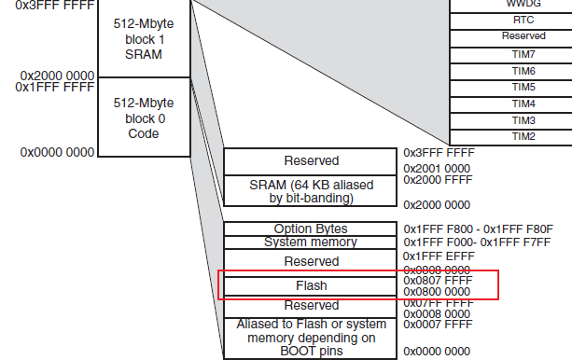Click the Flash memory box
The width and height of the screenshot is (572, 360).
[x=311, y=284]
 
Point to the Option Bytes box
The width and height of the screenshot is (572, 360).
[x=311, y=228]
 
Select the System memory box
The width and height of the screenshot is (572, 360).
[x=311, y=242]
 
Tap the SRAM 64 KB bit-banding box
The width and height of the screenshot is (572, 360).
[x=311, y=190]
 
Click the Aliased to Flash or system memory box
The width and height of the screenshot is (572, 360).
[x=311, y=338]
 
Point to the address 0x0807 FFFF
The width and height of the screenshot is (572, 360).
[x=437, y=279]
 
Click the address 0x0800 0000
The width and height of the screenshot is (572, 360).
[x=437, y=291]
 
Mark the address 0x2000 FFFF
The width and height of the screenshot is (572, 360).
[x=437, y=178]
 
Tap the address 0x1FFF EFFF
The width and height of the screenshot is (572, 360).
[x=437, y=256]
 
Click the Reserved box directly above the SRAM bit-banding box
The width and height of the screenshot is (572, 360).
[x=311, y=161]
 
